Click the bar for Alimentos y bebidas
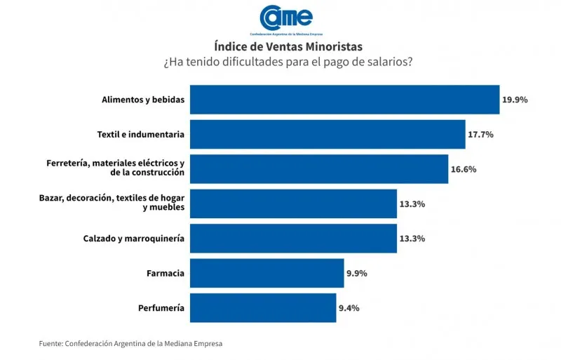344,100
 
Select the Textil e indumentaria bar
327,134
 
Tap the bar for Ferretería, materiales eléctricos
319,168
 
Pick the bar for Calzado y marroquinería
293,239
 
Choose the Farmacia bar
266,273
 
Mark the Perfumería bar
263,307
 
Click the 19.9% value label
515,100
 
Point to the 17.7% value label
481,134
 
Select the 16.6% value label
464,169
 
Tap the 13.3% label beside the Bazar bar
412,204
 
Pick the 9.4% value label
349,307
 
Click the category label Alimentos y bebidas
143,100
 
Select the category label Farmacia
165,273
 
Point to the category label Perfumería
162,307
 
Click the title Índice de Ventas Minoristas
288,46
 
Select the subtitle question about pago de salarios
288,62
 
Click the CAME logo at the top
286,18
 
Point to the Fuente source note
133,343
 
